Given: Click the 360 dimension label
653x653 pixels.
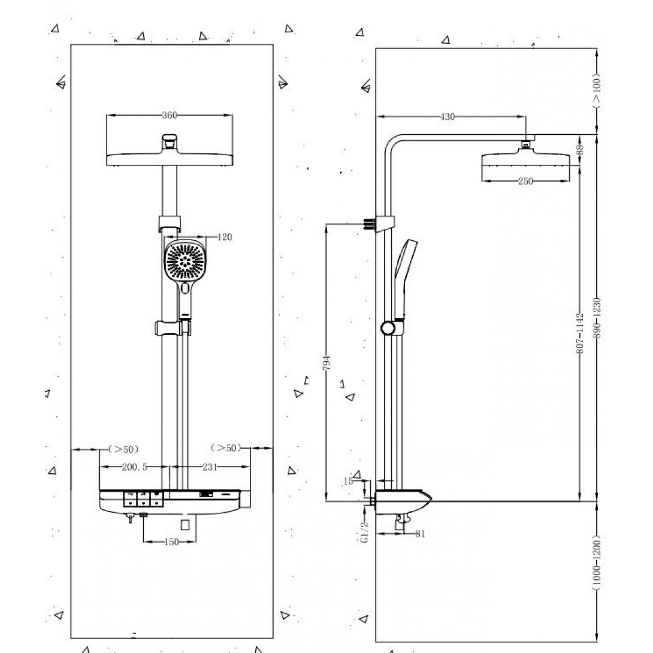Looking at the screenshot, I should tap(170, 116).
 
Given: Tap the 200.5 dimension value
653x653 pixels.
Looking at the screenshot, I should tap(135, 467).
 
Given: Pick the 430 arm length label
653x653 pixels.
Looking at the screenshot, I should tap(447, 117).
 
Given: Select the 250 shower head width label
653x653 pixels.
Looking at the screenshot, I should tap(525, 182).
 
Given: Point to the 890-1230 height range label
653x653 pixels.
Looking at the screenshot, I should tap(597, 318).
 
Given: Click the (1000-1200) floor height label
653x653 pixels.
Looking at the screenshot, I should tap(597, 566).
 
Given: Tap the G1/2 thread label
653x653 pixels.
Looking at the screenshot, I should tap(364, 532).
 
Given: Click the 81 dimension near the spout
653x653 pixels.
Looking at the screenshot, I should tap(419, 534).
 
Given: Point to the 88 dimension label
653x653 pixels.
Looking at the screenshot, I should tap(580, 150).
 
